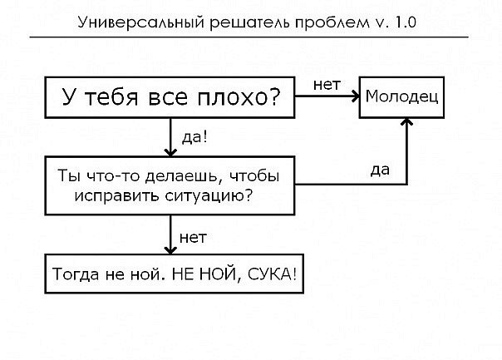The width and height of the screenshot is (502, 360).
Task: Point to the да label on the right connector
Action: click(380, 170)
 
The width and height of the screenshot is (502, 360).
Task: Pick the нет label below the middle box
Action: click(193, 238)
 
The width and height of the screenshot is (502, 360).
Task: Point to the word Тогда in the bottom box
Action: click(76, 273)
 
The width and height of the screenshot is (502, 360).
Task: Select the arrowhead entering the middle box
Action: click(170, 151)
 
